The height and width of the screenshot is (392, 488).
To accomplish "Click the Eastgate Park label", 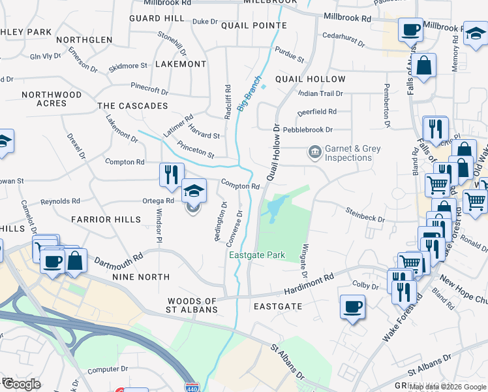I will pos(257,255).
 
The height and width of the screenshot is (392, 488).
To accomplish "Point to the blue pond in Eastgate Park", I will pos(273,208).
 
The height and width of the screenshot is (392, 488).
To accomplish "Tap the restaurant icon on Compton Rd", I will pos(170,173).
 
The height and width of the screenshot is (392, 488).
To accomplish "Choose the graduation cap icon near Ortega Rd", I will pos(194,190).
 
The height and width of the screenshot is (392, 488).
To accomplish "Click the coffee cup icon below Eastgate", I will pos(352,306).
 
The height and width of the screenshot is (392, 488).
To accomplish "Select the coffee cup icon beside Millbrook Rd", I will pos(410,29).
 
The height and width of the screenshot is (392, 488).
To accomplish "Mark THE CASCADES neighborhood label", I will pos(132,106).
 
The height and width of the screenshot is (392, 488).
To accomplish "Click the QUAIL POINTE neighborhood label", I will pos(254,25).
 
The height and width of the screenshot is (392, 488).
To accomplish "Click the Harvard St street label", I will pos(205,136).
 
